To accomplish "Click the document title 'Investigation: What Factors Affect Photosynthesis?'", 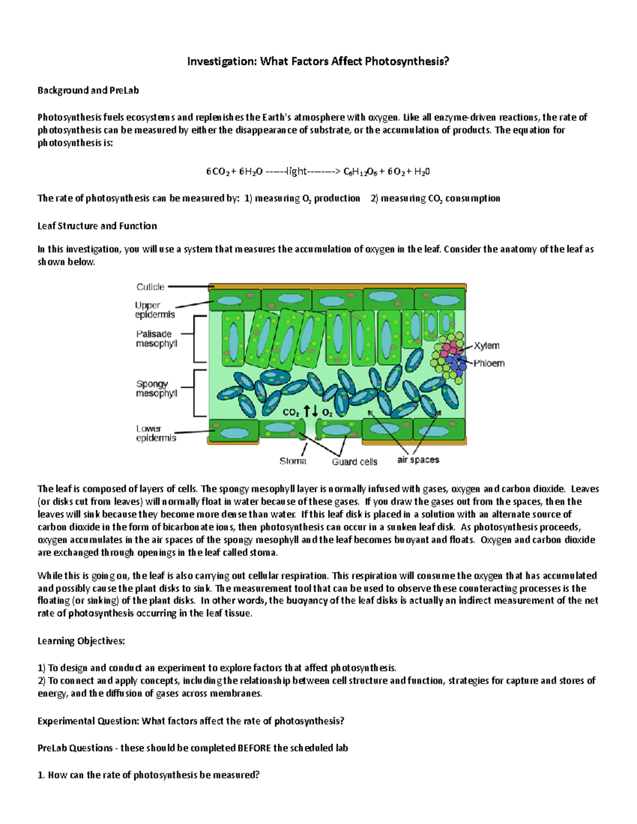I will [x=318, y=62].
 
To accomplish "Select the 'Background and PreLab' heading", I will [x=88, y=90].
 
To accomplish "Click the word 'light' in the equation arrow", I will [x=295, y=171].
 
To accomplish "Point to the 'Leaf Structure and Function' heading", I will [x=97, y=226].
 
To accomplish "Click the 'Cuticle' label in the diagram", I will [x=150, y=287].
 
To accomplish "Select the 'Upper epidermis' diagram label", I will [x=154, y=310].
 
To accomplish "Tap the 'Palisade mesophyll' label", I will [x=156, y=339].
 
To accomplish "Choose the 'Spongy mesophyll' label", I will [x=156, y=388].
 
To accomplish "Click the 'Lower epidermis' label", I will [x=156, y=433].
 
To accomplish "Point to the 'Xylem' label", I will [x=486, y=346].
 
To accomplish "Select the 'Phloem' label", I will [x=488, y=363].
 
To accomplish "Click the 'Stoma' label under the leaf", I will [x=293, y=461].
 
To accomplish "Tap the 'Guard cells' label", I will [x=355, y=462].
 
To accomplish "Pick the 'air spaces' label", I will [x=418, y=460].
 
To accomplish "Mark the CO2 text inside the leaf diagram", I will [x=291, y=412].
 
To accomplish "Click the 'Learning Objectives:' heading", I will [x=81, y=641].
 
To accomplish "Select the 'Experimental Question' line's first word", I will [x=62, y=721].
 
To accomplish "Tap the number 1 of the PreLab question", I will [x=40, y=775].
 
